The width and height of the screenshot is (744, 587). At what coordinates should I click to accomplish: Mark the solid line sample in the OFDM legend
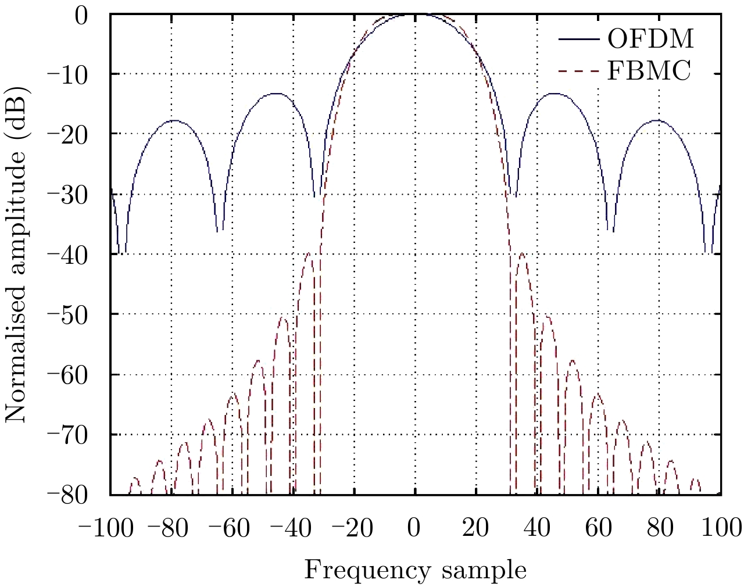click(x=579, y=40)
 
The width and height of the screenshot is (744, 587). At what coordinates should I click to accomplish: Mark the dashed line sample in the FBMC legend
click(x=579, y=72)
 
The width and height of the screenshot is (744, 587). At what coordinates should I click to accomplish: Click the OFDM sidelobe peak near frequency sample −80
click(x=173, y=120)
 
